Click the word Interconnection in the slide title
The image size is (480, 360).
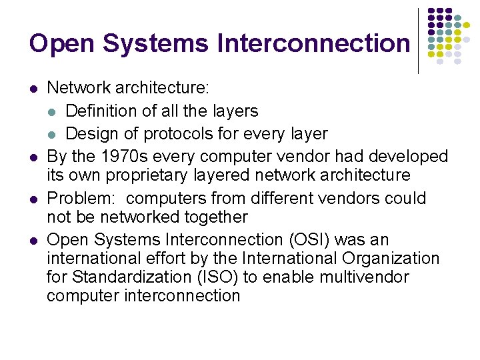pos(313,43)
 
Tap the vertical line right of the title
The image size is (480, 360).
pos(419,40)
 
